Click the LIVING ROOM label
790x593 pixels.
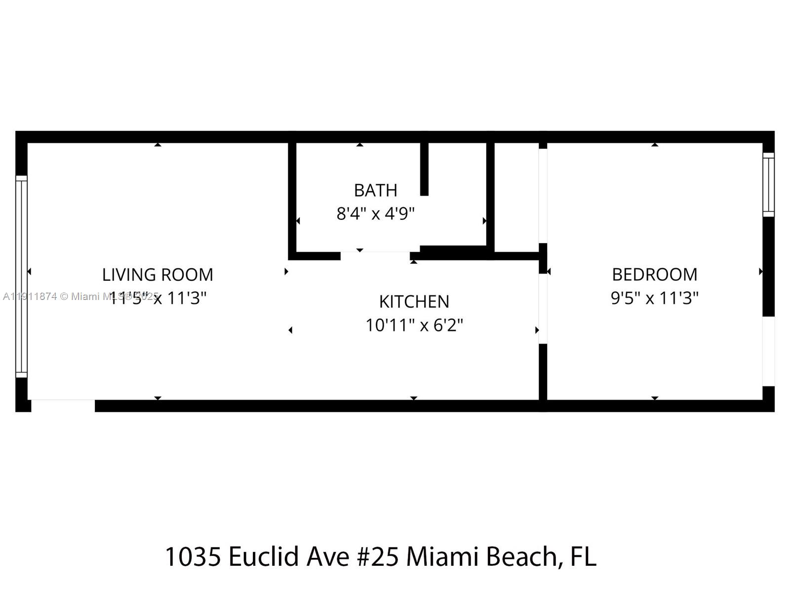tap(158, 275)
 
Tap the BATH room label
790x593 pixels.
tap(375, 190)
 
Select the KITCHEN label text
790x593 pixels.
tap(414, 301)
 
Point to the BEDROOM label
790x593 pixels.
tap(654, 274)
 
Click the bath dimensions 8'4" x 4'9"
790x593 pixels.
tap(375, 214)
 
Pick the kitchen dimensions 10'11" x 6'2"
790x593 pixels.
tap(414, 325)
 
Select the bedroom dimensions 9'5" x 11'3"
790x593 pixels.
tap(654, 298)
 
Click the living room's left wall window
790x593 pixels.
tap(21, 277)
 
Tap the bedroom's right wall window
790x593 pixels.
tap(768, 184)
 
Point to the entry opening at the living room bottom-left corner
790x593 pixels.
tap(63, 405)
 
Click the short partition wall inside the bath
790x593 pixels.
tap(424, 168)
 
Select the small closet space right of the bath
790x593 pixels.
tap(516, 198)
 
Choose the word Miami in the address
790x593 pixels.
tap(442, 556)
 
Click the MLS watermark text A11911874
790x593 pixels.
tap(30, 296)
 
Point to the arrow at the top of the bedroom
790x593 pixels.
tap(655, 145)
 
